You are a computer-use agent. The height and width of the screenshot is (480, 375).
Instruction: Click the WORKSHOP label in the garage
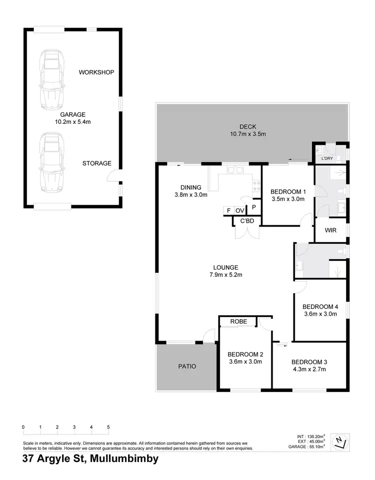pos(96,72)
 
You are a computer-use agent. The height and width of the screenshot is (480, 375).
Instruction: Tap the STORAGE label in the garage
pos(97,163)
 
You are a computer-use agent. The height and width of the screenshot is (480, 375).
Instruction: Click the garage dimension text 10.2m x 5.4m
pos(73,121)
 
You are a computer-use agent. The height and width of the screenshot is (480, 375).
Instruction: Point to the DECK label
pos(248,126)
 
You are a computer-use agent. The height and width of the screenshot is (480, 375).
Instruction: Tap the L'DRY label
pos(327,159)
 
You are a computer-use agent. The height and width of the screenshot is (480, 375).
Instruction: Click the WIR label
pos(330,231)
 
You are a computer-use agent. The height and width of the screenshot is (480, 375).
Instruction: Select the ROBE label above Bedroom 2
pos(238,322)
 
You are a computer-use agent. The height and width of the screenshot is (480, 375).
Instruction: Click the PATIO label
pos(187,366)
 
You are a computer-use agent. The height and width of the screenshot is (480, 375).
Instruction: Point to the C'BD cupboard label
pos(247,221)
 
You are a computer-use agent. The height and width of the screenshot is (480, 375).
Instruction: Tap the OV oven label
pos(239,210)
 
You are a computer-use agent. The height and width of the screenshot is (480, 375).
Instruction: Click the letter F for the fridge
pos(228,210)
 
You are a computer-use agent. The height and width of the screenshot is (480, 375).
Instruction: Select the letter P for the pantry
pos(254,207)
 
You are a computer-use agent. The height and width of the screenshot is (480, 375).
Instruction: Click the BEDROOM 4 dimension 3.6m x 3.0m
pos(320,314)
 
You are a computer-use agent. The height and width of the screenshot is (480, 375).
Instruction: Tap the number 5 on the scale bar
pos(108,427)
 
